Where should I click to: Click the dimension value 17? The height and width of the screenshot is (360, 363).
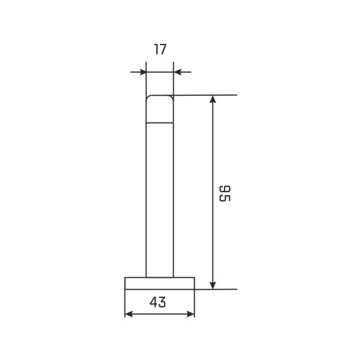(x=160, y=50)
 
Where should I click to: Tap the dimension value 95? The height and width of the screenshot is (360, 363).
(x=225, y=194)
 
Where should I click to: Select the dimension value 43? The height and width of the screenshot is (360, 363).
(x=158, y=302)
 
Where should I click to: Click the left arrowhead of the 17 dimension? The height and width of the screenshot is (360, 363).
(x=143, y=72)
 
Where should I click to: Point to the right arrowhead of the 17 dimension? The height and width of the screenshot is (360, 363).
(x=176, y=72)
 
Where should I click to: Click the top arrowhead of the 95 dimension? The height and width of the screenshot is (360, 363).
(x=212, y=99)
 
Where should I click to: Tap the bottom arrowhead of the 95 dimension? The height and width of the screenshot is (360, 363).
(x=212, y=286)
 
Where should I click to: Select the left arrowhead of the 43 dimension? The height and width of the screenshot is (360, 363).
(x=129, y=314)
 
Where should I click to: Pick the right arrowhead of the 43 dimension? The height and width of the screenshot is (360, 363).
(x=191, y=314)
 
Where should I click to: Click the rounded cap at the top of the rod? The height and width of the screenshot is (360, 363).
(x=160, y=109)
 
